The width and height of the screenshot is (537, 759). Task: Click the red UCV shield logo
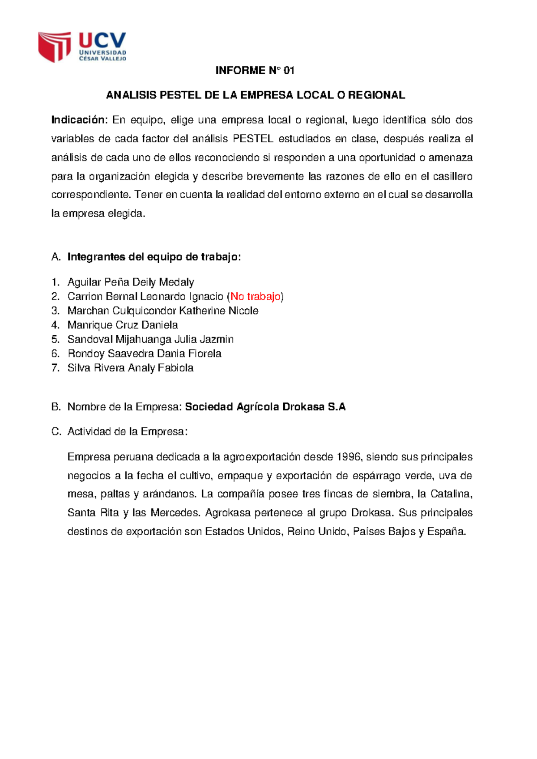coord(54,46)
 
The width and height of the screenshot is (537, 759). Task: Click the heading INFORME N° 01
coord(255,70)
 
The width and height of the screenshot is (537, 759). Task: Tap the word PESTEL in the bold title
coord(180,95)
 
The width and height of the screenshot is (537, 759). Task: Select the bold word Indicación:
coord(79,120)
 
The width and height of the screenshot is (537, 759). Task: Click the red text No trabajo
coord(256,296)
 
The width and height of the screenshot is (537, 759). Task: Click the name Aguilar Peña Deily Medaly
coord(131,282)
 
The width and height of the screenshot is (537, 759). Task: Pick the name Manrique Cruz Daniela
coord(123,325)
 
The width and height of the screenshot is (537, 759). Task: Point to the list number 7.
coord(55,368)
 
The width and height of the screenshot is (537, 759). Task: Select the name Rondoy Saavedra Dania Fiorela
coord(144,354)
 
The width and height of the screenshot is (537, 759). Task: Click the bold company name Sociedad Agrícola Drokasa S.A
coord(265,407)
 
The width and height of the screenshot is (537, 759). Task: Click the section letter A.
coord(55,257)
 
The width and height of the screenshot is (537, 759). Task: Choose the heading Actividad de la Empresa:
coord(127,431)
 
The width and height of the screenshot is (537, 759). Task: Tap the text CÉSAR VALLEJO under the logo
coord(102,59)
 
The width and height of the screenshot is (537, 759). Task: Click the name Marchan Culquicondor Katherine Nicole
coord(162,311)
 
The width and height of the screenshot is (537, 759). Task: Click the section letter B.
coord(55,407)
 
